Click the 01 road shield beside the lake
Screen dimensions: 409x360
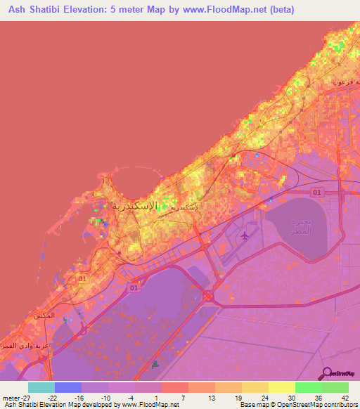tap(316, 192)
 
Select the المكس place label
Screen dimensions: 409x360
tap(44, 316)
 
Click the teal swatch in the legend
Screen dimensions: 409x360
tap(41, 387)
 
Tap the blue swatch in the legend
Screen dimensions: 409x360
tap(68, 387)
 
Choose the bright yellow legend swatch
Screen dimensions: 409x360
tap(282, 387)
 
